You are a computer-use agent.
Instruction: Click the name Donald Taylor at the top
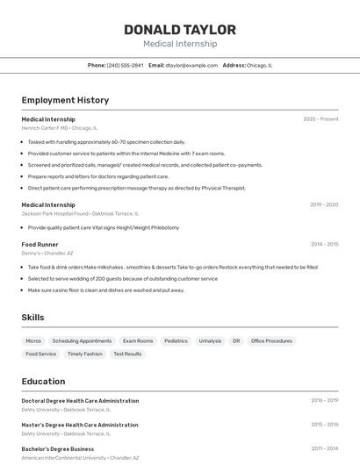179,30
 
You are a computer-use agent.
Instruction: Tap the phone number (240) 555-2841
125,65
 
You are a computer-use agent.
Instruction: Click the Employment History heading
65,100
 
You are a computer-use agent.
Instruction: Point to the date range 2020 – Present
320,119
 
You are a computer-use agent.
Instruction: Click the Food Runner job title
40,244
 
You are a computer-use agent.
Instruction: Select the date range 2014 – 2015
324,244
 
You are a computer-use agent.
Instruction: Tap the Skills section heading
32,318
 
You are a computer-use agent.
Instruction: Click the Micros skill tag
33,340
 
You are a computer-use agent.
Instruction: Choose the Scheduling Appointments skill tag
82,340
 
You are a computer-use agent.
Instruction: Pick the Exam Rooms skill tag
138,340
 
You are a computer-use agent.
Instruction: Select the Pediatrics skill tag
176,340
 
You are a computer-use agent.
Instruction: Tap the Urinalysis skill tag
211,340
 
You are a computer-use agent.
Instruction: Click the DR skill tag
235,340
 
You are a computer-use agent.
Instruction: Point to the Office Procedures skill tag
271,340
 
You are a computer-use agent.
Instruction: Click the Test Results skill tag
127,354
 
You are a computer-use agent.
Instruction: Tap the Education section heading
43,382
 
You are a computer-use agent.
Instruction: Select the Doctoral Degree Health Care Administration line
80,401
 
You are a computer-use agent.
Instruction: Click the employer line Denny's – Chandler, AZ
47,253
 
